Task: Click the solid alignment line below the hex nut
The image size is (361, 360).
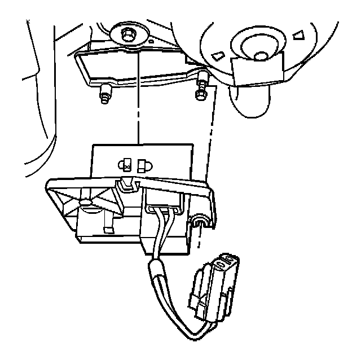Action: (137, 96)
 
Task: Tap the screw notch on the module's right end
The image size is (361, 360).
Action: (201, 222)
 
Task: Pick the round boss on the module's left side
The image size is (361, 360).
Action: (86, 201)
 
